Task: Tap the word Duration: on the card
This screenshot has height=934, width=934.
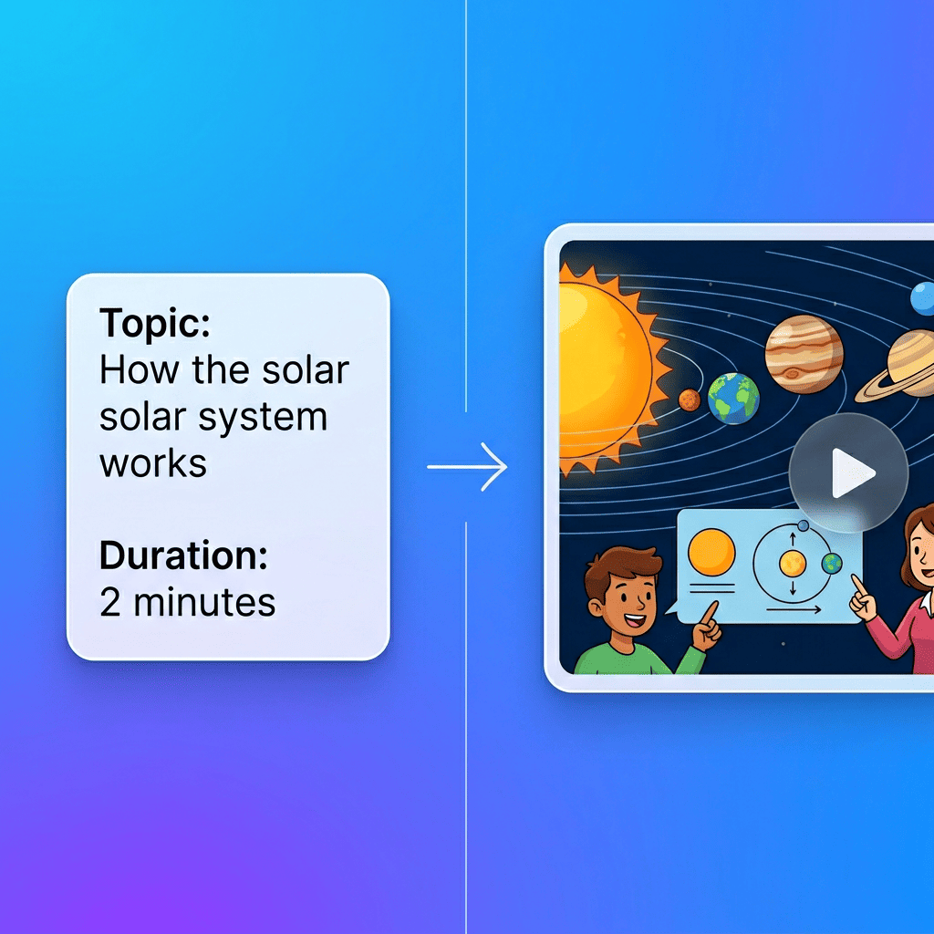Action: [183, 555]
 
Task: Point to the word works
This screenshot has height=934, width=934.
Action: [153, 463]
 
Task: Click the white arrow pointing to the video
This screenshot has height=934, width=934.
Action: [467, 468]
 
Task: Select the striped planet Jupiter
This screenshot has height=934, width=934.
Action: [804, 354]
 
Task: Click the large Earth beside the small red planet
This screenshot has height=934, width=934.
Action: [733, 399]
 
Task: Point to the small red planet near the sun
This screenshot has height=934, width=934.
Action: [690, 400]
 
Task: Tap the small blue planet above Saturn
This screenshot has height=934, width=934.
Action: [923, 297]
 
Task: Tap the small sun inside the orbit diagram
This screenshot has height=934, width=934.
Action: [792, 563]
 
